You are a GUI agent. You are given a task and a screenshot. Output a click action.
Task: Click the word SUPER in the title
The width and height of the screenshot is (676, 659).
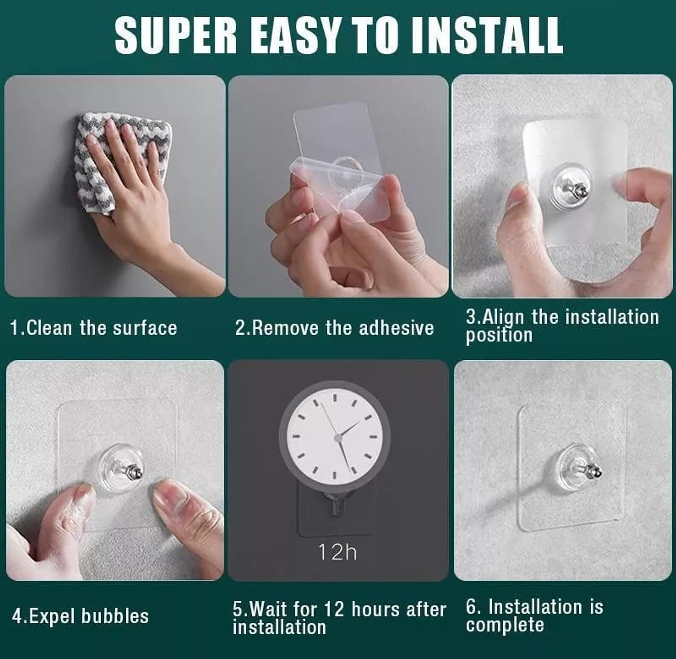tap(176, 35)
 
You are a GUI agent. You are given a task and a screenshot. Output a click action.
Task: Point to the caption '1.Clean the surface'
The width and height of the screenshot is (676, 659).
tap(93, 328)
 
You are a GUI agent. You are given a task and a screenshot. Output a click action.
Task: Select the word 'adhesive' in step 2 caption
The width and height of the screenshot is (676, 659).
tap(396, 328)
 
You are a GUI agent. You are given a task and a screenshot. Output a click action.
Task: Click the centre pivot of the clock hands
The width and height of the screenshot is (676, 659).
tap(338, 438)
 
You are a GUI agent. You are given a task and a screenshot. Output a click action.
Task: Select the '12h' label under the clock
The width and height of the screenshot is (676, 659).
tap(338, 552)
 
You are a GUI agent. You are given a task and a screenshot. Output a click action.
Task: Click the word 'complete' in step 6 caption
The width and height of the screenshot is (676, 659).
tap(505, 625)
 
